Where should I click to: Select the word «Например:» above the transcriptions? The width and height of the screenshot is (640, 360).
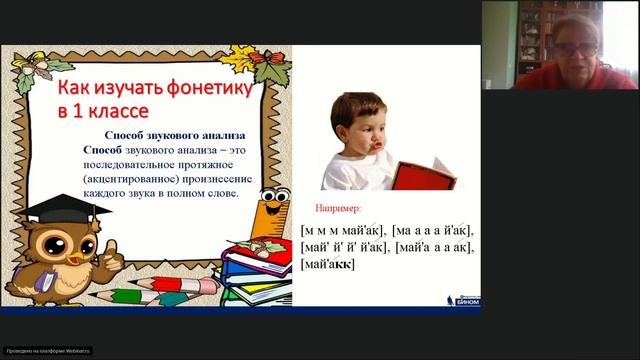pos(336,210)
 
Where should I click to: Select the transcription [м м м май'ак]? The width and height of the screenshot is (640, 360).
pos(343,230)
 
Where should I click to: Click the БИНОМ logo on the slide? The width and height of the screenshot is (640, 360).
pos(462,298)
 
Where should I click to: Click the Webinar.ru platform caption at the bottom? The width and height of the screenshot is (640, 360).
pos(48,350)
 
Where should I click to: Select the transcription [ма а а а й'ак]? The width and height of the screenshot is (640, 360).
pos(433,230)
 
